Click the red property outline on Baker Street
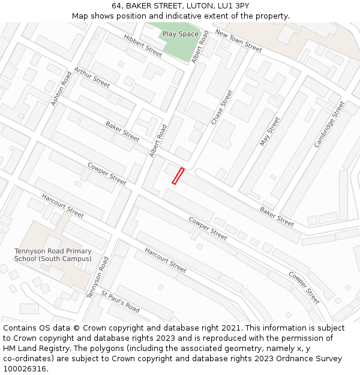point(178,176)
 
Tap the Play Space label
point(180,34)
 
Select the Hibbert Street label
point(143,46)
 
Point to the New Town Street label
point(238,41)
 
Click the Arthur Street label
point(92,77)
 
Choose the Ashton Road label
point(61,89)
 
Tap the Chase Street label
point(221,107)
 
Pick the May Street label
point(269,131)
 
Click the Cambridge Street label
point(329,125)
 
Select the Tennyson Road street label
point(97,277)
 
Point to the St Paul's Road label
point(121,302)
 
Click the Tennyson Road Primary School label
point(53,255)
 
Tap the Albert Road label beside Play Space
point(199,47)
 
